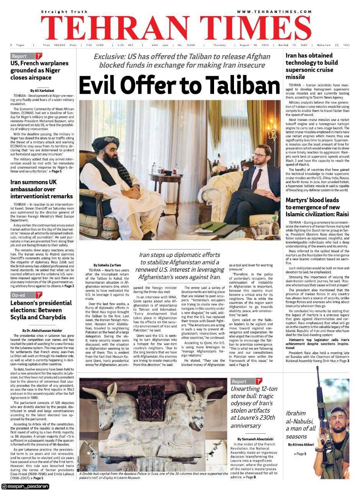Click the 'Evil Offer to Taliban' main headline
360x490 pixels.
[x=180, y=84]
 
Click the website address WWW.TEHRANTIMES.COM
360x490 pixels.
[x=274, y=12]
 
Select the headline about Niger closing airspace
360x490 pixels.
[x=39, y=70]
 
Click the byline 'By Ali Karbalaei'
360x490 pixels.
[x=43, y=90]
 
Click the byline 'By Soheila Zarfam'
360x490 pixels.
[x=107, y=265]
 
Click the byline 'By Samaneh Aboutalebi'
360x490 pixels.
[x=257, y=439]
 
